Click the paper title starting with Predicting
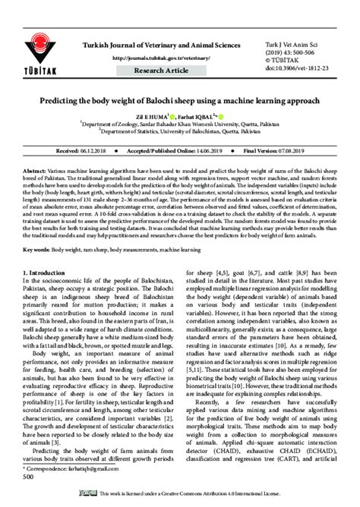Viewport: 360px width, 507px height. pyautogui.click(x=180, y=99)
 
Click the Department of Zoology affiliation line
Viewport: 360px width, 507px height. pyautogui.click(x=179, y=126)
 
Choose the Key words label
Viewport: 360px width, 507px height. pyautogui.click(x=39, y=249)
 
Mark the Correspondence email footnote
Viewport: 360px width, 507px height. pyautogui.click(x=69, y=469)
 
